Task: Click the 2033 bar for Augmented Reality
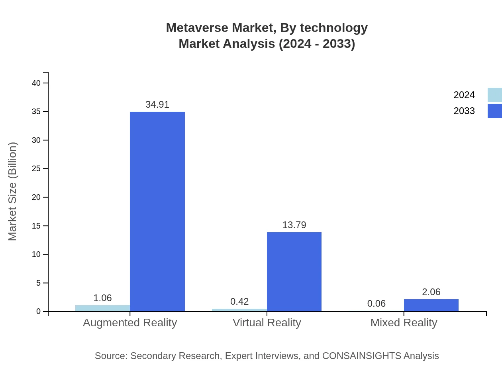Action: (x=157, y=211)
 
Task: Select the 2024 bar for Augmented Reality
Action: (x=102, y=308)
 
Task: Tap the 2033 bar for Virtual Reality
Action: (x=294, y=272)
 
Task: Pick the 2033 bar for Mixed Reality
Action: (x=431, y=305)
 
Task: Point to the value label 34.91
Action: (x=157, y=105)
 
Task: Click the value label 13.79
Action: (x=294, y=225)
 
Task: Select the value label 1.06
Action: (x=102, y=298)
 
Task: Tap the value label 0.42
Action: (x=239, y=302)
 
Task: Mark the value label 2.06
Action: (x=431, y=292)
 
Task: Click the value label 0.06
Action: (x=376, y=304)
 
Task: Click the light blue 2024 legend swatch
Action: (x=494, y=95)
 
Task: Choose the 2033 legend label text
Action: (x=464, y=111)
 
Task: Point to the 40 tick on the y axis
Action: (x=36, y=83)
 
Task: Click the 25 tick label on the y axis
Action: (x=36, y=169)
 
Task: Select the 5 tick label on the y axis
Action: (x=39, y=283)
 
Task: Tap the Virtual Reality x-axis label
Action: (x=267, y=322)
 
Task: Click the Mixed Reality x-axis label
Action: (x=404, y=322)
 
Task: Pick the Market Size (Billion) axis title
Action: (x=13, y=191)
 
